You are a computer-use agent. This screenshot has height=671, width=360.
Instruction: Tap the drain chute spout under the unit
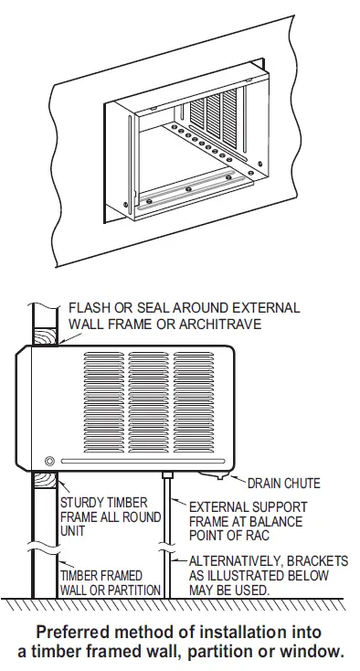pyautogui.click(x=220, y=474)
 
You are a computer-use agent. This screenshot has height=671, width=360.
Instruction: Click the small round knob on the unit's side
pyautogui.click(x=49, y=461)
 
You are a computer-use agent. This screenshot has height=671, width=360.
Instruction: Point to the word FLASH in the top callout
pyautogui.click(x=89, y=308)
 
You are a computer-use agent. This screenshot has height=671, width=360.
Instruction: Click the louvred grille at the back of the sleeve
pyautogui.click(x=219, y=114)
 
